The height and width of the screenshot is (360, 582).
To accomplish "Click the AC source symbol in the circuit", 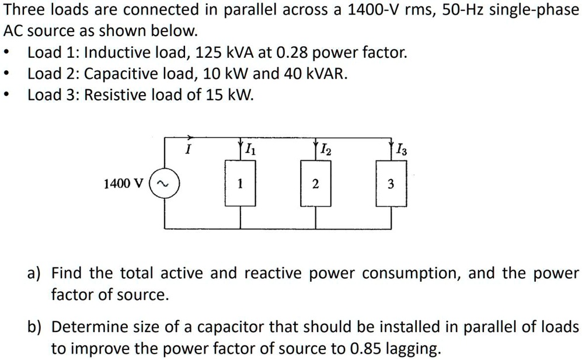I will coord(165,184).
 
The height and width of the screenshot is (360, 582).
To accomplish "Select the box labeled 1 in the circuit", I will coord(240,184).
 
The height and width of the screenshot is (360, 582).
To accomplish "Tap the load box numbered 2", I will coord(315,184).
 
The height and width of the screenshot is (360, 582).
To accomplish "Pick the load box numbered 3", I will coord(391,184).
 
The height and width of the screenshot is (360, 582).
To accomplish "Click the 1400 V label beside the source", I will coord(123,184).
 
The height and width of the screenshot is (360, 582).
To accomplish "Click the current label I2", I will coord(326,148).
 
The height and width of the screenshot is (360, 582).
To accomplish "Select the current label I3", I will coord(402,149).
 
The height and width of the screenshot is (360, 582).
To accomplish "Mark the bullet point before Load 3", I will coord(6,95).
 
